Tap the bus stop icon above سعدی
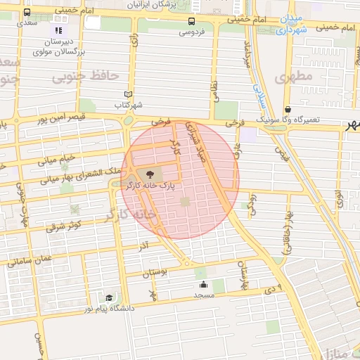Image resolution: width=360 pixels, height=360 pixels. coord(27,12)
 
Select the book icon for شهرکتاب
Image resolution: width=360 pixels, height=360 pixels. coord(127,94)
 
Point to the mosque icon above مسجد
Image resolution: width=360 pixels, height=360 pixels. coord(203,284)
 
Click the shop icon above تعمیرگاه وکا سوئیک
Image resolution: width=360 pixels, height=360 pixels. coord(289,109)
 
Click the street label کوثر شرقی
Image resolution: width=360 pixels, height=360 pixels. coord(65,225)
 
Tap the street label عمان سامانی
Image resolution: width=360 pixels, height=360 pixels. coord(30,260)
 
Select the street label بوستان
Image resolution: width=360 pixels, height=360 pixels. coord(156,272)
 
